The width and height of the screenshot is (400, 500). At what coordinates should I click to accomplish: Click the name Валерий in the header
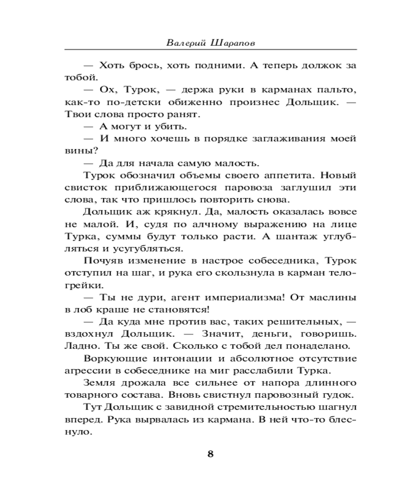[182, 42]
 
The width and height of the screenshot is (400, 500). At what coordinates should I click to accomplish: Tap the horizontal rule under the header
[210, 49]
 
